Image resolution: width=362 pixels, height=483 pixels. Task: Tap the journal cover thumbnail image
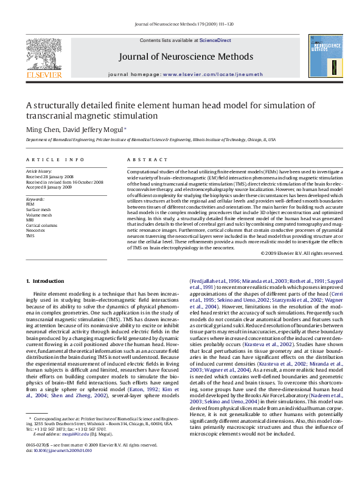tap(325, 56)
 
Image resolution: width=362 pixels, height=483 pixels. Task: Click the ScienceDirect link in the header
tap(215, 40)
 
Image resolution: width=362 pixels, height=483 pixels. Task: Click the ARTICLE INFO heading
tap(55, 159)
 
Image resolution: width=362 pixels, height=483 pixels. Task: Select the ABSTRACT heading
tap(139, 159)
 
